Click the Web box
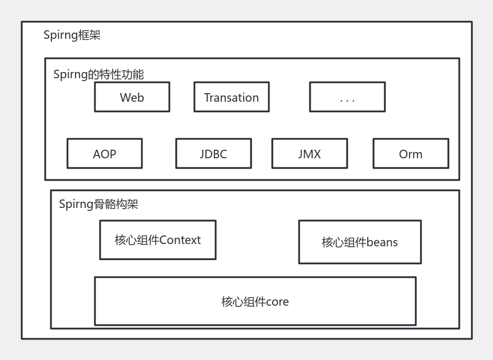(x=132, y=97)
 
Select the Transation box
(x=231, y=97)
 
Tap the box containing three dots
(x=347, y=97)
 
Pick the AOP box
(x=105, y=154)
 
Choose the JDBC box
(x=213, y=154)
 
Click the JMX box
(x=309, y=154)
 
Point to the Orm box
(x=411, y=154)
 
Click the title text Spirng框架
(x=72, y=35)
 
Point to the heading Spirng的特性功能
(x=98, y=75)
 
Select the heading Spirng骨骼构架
(x=98, y=204)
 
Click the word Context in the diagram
(x=180, y=241)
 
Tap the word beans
(x=382, y=242)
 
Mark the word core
(x=277, y=302)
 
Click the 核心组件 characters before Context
(x=137, y=241)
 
